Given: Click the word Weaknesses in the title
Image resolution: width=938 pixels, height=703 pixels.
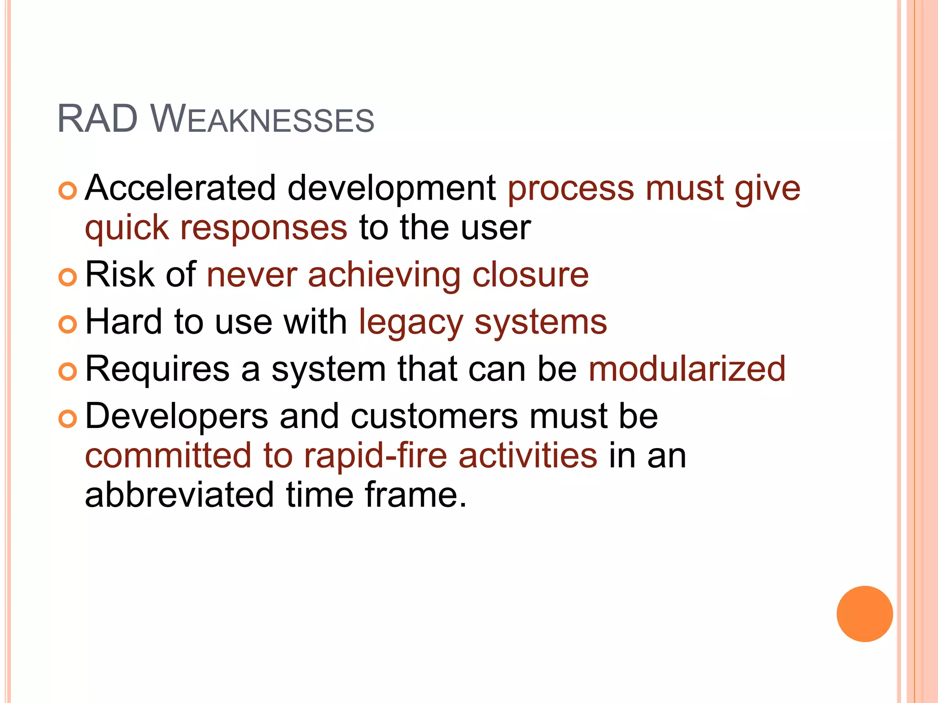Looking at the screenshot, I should coord(262,120).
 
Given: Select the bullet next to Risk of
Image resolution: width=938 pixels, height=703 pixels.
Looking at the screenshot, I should coord(68,277).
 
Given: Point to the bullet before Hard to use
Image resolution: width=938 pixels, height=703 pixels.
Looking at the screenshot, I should coord(68,324).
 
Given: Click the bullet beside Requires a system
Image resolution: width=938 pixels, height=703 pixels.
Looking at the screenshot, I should coord(68,372).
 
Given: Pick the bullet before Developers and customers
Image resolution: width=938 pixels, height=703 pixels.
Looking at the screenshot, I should coord(68,419).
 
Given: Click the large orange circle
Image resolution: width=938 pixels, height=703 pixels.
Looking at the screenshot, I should coord(864,614).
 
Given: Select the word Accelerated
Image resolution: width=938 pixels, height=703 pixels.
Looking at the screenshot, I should coord(180,188).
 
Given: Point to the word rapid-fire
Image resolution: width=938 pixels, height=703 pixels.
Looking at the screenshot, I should coord(376,456).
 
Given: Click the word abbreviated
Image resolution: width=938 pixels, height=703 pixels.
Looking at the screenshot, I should coord(179,495).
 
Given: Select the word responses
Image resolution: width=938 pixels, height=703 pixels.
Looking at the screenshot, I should coord(264,227).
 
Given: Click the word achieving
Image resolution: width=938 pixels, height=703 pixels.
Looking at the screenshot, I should coord(384,276).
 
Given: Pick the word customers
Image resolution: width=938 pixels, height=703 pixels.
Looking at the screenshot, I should coord(434,416).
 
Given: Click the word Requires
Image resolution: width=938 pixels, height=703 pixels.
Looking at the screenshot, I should coord(158,369).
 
